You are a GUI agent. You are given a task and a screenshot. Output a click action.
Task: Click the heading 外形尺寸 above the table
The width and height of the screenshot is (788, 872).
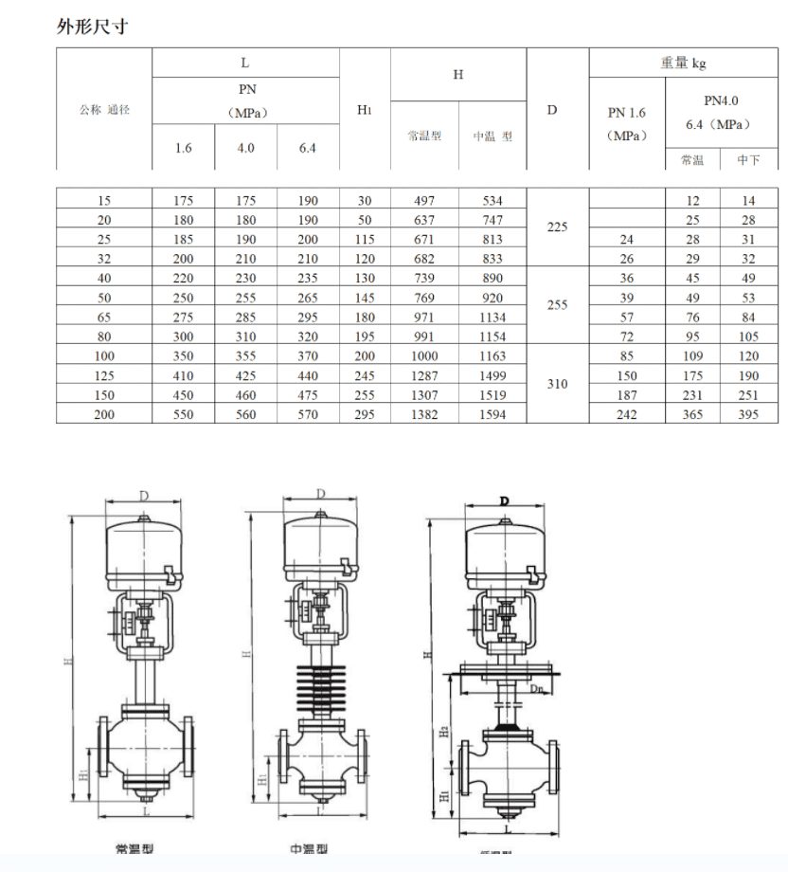[92, 27]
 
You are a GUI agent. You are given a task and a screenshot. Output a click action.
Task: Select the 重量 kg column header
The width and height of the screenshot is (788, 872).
[683, 64]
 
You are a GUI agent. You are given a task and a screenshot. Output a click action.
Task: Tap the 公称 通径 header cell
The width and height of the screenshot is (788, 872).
[104, 110]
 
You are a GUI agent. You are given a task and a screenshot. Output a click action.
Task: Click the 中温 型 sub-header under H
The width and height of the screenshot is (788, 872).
[492, 136]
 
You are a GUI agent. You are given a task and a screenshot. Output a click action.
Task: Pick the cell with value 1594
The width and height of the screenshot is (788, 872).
[492, 414]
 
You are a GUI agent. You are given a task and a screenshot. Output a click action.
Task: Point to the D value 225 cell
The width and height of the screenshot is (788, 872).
[557, 227]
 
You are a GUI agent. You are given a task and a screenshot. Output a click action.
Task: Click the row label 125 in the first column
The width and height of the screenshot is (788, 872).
[104, 375]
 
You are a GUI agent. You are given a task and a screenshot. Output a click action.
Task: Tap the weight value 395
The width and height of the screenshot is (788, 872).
[748, 414]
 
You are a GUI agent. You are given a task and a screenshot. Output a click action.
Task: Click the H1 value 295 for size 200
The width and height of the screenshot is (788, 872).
[365, 414]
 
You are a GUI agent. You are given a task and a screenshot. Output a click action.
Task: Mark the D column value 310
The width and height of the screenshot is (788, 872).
[557, 384]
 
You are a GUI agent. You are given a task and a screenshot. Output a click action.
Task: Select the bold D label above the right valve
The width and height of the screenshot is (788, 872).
[505, 500]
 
